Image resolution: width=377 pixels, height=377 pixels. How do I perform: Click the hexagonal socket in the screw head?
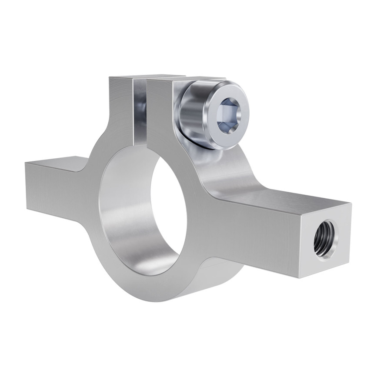point(228,115)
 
